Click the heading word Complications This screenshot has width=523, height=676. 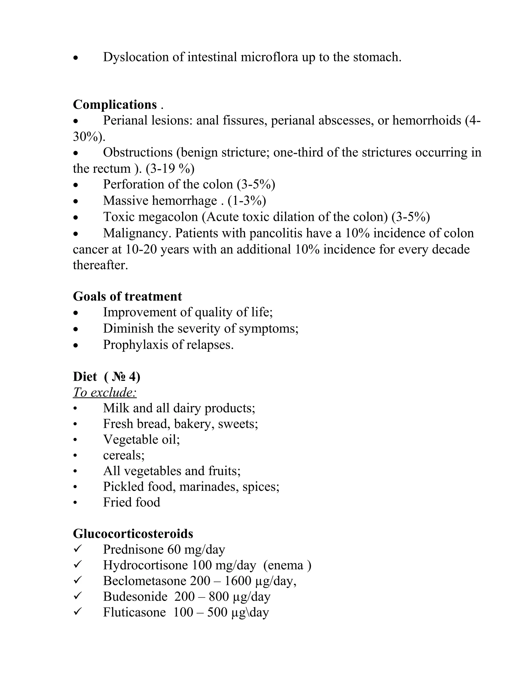115,105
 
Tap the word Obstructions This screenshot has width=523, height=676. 138,153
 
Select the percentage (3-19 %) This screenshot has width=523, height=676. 170,169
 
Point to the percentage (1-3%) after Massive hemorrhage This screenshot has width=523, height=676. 247,201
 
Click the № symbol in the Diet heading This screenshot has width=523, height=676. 118,377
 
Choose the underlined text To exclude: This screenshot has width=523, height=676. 105,393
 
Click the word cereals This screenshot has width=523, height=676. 124,455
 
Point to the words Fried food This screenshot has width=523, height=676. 132,502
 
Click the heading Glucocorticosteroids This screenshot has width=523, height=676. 133,534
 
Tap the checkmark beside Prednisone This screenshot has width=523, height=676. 77,549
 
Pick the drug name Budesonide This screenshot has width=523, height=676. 135,596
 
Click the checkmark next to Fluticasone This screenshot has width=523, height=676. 77,612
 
